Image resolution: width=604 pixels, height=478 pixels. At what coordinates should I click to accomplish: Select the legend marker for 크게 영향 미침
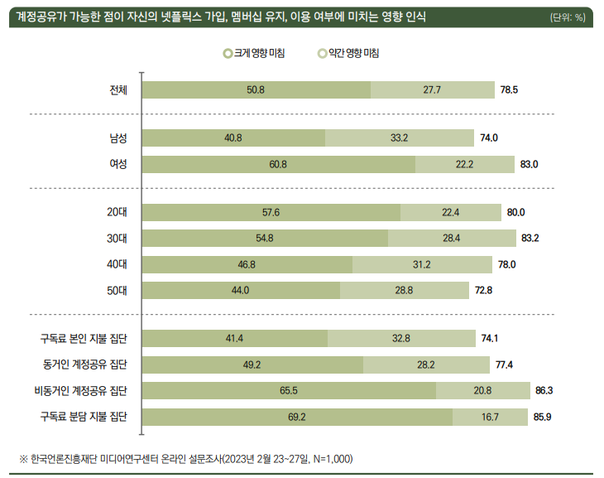point(228,54)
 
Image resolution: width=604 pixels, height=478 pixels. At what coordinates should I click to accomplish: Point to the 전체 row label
point(117,89)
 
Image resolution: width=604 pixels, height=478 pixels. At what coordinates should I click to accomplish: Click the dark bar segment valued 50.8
point(256,89)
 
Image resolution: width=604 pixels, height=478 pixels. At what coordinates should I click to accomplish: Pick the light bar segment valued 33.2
point(400,138)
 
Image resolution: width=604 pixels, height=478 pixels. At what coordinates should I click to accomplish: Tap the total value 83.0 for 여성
point(529,164)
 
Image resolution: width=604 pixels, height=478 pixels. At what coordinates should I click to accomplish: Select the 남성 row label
point(117,138)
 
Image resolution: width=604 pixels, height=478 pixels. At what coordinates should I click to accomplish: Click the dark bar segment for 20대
point(271,212)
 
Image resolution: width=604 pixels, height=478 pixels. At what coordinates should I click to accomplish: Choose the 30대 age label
point(117,239)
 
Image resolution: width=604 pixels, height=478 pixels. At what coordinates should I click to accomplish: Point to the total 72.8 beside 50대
point(484,291)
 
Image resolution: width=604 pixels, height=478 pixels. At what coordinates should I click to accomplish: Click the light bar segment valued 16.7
point(490,417)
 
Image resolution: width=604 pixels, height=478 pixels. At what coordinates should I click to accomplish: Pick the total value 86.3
point(544,390)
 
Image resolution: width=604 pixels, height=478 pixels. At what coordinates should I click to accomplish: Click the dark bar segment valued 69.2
point(297,417)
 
